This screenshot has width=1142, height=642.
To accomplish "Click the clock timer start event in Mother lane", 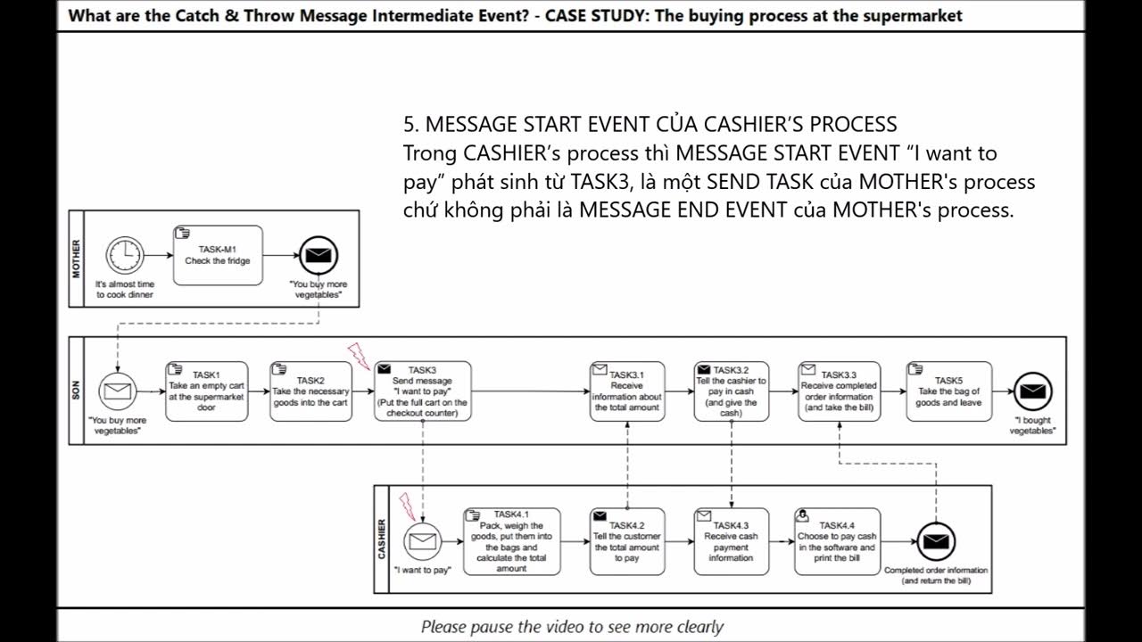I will click(x=125, y=256).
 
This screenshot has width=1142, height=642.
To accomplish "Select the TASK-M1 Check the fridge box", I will click(x=218, y=256).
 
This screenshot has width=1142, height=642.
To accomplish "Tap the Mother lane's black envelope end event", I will click(x=318, y=256).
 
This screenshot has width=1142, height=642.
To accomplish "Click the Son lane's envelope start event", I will click(x=117, y=391).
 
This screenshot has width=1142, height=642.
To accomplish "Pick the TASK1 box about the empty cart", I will click(x=206, y=391).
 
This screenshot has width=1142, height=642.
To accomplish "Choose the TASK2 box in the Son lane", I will click(x=310, y=391).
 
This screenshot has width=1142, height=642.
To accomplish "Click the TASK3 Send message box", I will click(x=422, y=391).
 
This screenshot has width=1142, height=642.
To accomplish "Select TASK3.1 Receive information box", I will click(x=626, y=391).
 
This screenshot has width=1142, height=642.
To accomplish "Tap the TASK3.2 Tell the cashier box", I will click(x=731, y=391).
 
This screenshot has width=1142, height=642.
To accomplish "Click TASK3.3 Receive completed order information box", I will click(x=839, y=391).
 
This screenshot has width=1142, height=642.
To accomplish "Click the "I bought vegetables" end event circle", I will click(x=1032, y=391).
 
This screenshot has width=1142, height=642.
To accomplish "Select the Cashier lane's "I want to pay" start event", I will click(x=423, y=540).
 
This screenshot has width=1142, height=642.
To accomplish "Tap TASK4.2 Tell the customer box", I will click(x=626, y=540).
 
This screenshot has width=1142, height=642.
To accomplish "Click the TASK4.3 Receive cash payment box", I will click(x=731, y=540).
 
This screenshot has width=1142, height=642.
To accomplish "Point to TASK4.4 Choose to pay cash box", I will click(x=837, y=540).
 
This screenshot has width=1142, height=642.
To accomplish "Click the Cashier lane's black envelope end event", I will click(x=936, y=541).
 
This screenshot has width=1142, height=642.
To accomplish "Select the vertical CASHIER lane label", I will click(x=383, y=539).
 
